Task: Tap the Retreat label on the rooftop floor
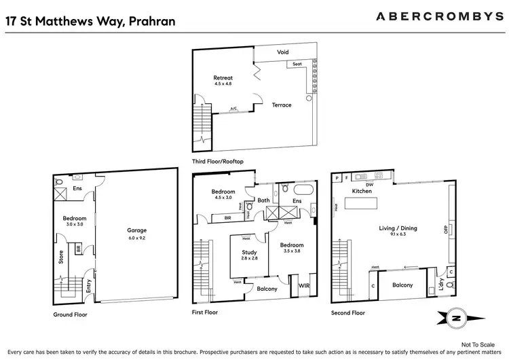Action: (x=223, y=79)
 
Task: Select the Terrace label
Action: (x=282, y=105)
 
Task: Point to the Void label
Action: (x=283, y=52)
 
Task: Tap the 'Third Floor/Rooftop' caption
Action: (x=218, y=162)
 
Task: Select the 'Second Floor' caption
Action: (x=348, y=312)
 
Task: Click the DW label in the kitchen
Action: (x=370, y=183)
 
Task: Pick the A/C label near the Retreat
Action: (x=233, y=109)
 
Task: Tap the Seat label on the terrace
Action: (x=297, y=65)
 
